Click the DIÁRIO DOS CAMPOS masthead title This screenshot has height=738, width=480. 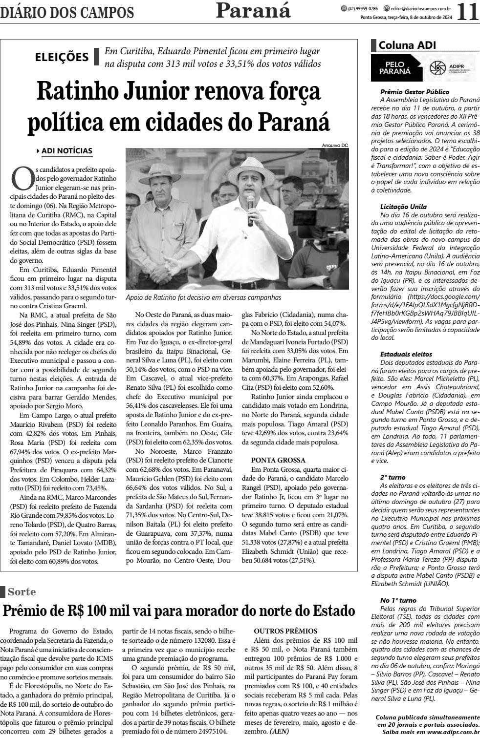67,12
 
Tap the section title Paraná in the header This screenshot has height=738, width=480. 253,10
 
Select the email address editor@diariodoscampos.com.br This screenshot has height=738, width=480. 420,8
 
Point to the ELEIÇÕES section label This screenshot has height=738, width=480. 62,57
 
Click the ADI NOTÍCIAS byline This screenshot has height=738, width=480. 67,151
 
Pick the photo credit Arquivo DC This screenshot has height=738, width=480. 335,145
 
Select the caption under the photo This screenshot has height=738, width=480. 203,297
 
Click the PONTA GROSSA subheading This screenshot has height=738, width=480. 278,460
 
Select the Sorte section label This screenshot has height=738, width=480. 22,591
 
